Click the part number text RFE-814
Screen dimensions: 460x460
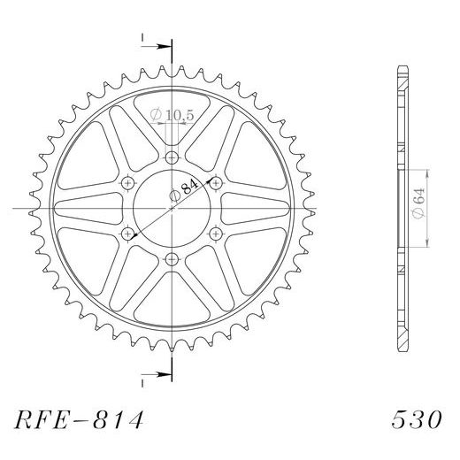[79, 419]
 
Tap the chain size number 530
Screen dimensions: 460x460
[417, 419]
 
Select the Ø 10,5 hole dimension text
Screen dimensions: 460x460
[172, 115]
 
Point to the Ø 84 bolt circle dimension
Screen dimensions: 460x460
[184, 192]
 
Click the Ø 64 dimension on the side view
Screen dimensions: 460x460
[419, 203]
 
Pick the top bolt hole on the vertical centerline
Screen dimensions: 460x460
[172, 157]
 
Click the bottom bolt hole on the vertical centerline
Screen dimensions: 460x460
[172, 259]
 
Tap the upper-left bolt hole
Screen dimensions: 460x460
[127, 183]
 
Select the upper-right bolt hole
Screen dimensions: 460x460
[216, 183]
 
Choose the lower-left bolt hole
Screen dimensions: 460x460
[127, 234]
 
